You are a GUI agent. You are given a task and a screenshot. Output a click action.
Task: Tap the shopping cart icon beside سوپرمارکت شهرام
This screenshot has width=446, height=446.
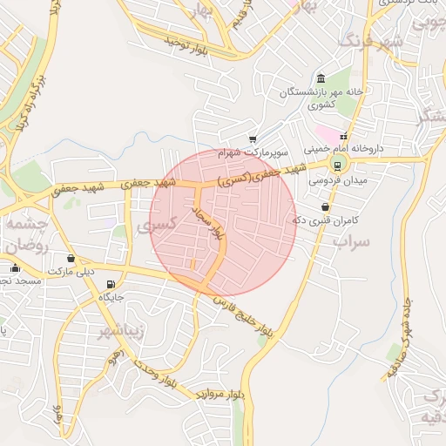click(x=253, y=139)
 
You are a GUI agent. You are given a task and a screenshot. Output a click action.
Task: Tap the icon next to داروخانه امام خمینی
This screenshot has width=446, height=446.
click(x=344, y=137)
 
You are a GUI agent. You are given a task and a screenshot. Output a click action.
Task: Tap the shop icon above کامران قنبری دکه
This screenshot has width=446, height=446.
click(x=325, y=207)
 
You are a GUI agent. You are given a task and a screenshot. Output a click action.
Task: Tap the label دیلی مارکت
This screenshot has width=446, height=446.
click(x=71, y=272)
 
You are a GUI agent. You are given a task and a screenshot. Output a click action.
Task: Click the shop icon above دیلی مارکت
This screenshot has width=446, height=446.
click(x=71, y=259)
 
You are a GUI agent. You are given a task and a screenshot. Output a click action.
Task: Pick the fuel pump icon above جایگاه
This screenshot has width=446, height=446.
click(x=111, y=284)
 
